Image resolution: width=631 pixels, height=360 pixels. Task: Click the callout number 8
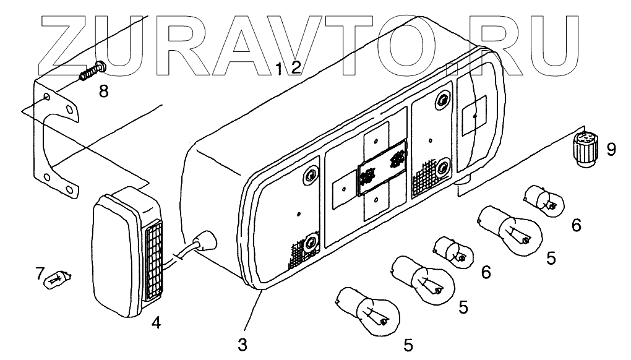(x=103, y=92)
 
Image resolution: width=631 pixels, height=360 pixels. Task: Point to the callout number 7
(x=40, y=272)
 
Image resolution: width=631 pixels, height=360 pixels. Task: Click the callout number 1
(x=279, y=68)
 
